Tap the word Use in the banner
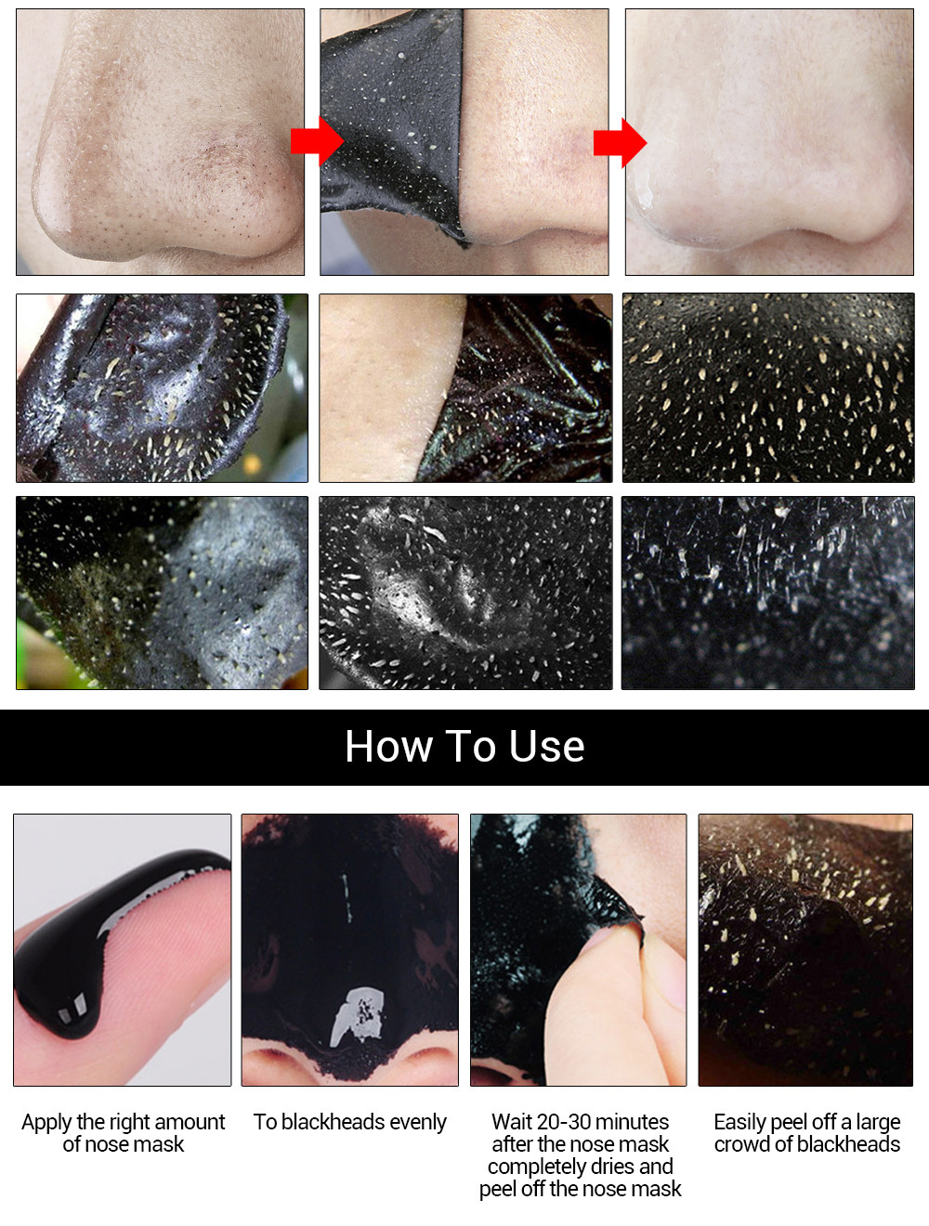547,747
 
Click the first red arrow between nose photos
317,141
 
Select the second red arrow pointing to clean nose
620,142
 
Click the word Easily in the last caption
739,1122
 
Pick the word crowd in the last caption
742,1144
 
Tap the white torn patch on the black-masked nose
358,1017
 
